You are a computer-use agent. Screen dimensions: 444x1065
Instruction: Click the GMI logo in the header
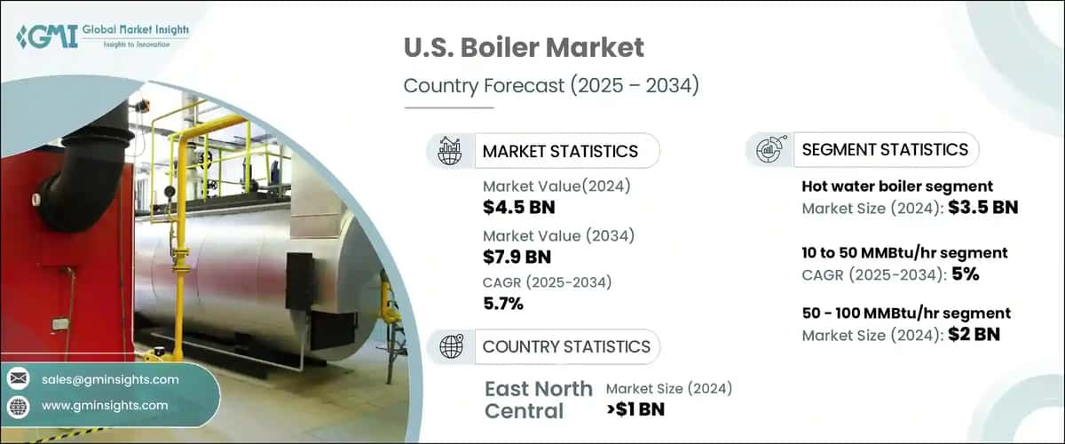click(x=102, y=36)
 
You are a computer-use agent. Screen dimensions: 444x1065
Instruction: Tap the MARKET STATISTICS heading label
click(x=560, y=151)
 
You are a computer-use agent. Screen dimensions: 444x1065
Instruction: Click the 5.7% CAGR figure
click(x=503, y=305)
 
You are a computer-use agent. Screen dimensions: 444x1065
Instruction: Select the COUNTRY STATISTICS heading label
click(x=566, y=346)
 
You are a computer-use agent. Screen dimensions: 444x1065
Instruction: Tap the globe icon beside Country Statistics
click(x=451, y=346)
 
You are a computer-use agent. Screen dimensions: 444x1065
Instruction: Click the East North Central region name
click(x=539, y=400)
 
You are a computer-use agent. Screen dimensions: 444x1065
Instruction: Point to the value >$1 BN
click(x=635, y=409)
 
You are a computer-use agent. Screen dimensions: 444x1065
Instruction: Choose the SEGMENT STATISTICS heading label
click(x=885, y=149)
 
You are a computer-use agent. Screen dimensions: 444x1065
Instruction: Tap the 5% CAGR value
click(x=965, y=274)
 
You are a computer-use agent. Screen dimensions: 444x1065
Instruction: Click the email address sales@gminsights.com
click(x=110, y=379)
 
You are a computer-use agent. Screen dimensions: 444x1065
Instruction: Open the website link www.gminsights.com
click(x=105, y=405)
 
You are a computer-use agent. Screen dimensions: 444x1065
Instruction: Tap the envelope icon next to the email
click(x=18, y=379)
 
